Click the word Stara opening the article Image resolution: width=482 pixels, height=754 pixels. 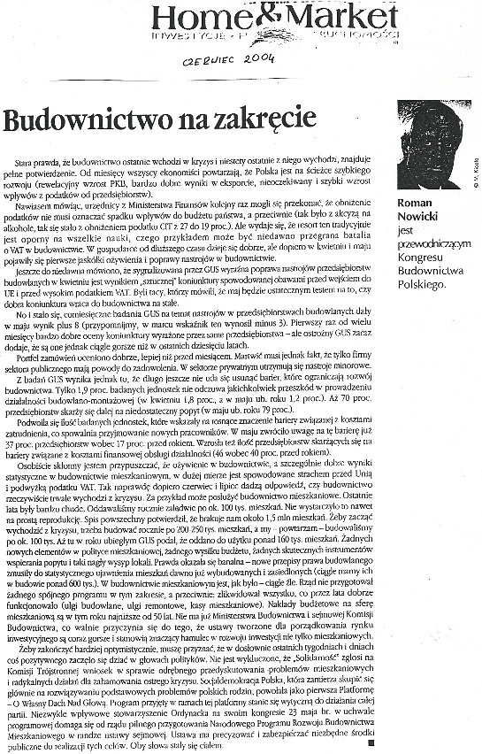(33, 155)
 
